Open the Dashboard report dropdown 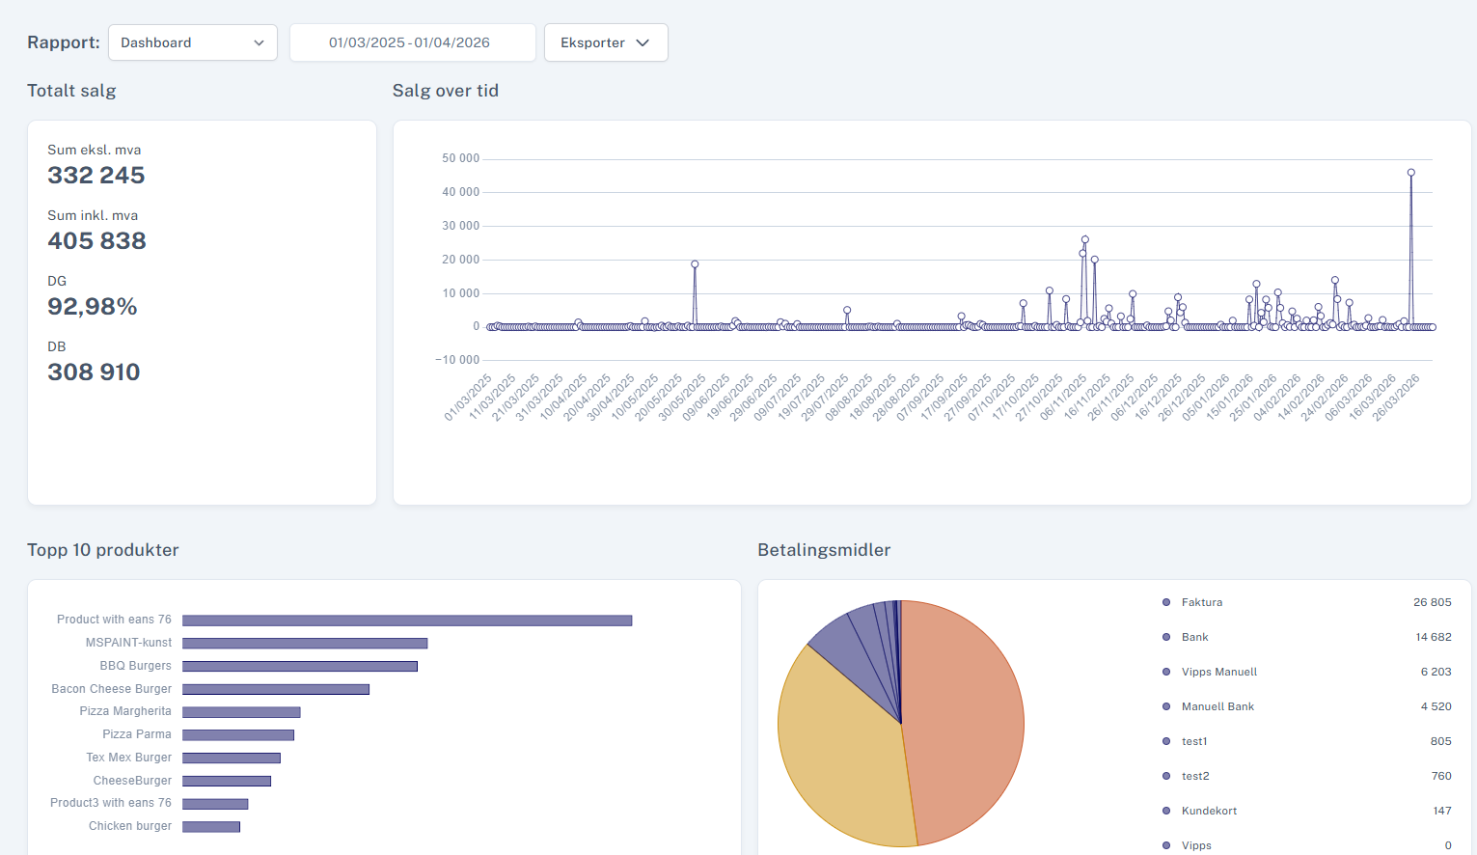(x=193, y=42)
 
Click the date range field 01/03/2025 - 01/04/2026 (x=413, y=42)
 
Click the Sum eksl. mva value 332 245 (x=96, y=176)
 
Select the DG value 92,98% (x=93, y=307)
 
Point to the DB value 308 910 (x=94, y=372)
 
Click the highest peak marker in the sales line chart (x=1411, y=173)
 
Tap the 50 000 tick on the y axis (x=461, y=158)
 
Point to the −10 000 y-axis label (x=457, y=360)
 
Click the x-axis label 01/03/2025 (x=468, y=398)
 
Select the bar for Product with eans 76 (x=407, y=621)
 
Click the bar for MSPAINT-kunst (x=305, y=644)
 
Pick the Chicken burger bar (x=211, y=827)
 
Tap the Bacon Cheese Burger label (x=112, y=689)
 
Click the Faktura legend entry (x=1201, y=602)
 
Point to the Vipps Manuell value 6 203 (x=1436, y=672)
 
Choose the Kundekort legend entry (x=1209, y=811)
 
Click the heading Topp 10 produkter (x=103, y=549)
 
